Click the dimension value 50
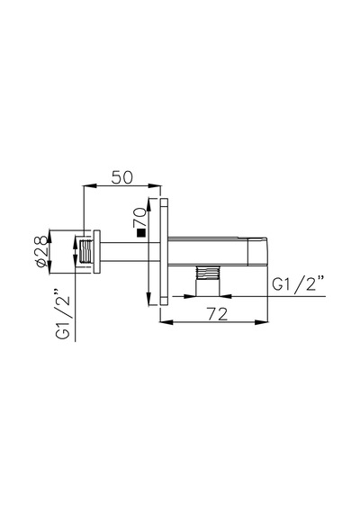point(122,177)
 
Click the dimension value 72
point(217,314)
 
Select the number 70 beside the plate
point(139,217)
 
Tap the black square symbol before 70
point(141,232)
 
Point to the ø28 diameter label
point(41,251)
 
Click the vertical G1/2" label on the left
point(63,313)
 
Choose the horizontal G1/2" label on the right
point(298,283)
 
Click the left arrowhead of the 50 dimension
point(90,185)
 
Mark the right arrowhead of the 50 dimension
point(155,185)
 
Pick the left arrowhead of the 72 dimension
point(166,322)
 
